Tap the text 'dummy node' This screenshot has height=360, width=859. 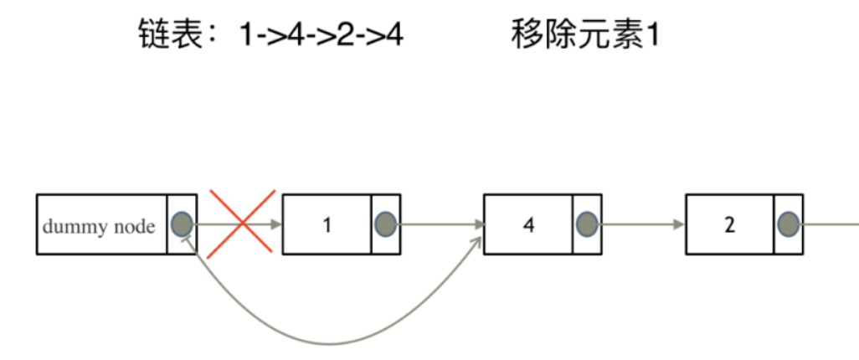pos(98,226)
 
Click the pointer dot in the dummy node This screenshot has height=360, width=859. pos(182,224)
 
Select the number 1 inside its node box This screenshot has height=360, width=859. pos(327,224)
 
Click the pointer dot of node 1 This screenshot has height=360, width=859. pos(385,224)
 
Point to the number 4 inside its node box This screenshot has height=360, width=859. pos(527,224)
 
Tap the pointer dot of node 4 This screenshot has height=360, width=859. pos(587,224)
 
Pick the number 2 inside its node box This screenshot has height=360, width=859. pos(729,224)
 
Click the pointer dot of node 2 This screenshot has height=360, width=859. pos(788,224)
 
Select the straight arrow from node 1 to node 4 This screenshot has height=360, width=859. pos(440,224)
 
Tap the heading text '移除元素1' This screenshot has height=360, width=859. pos(583,36)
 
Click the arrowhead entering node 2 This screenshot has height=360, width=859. pos(679,224)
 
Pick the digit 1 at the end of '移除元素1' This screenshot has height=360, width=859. pos(646,36)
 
